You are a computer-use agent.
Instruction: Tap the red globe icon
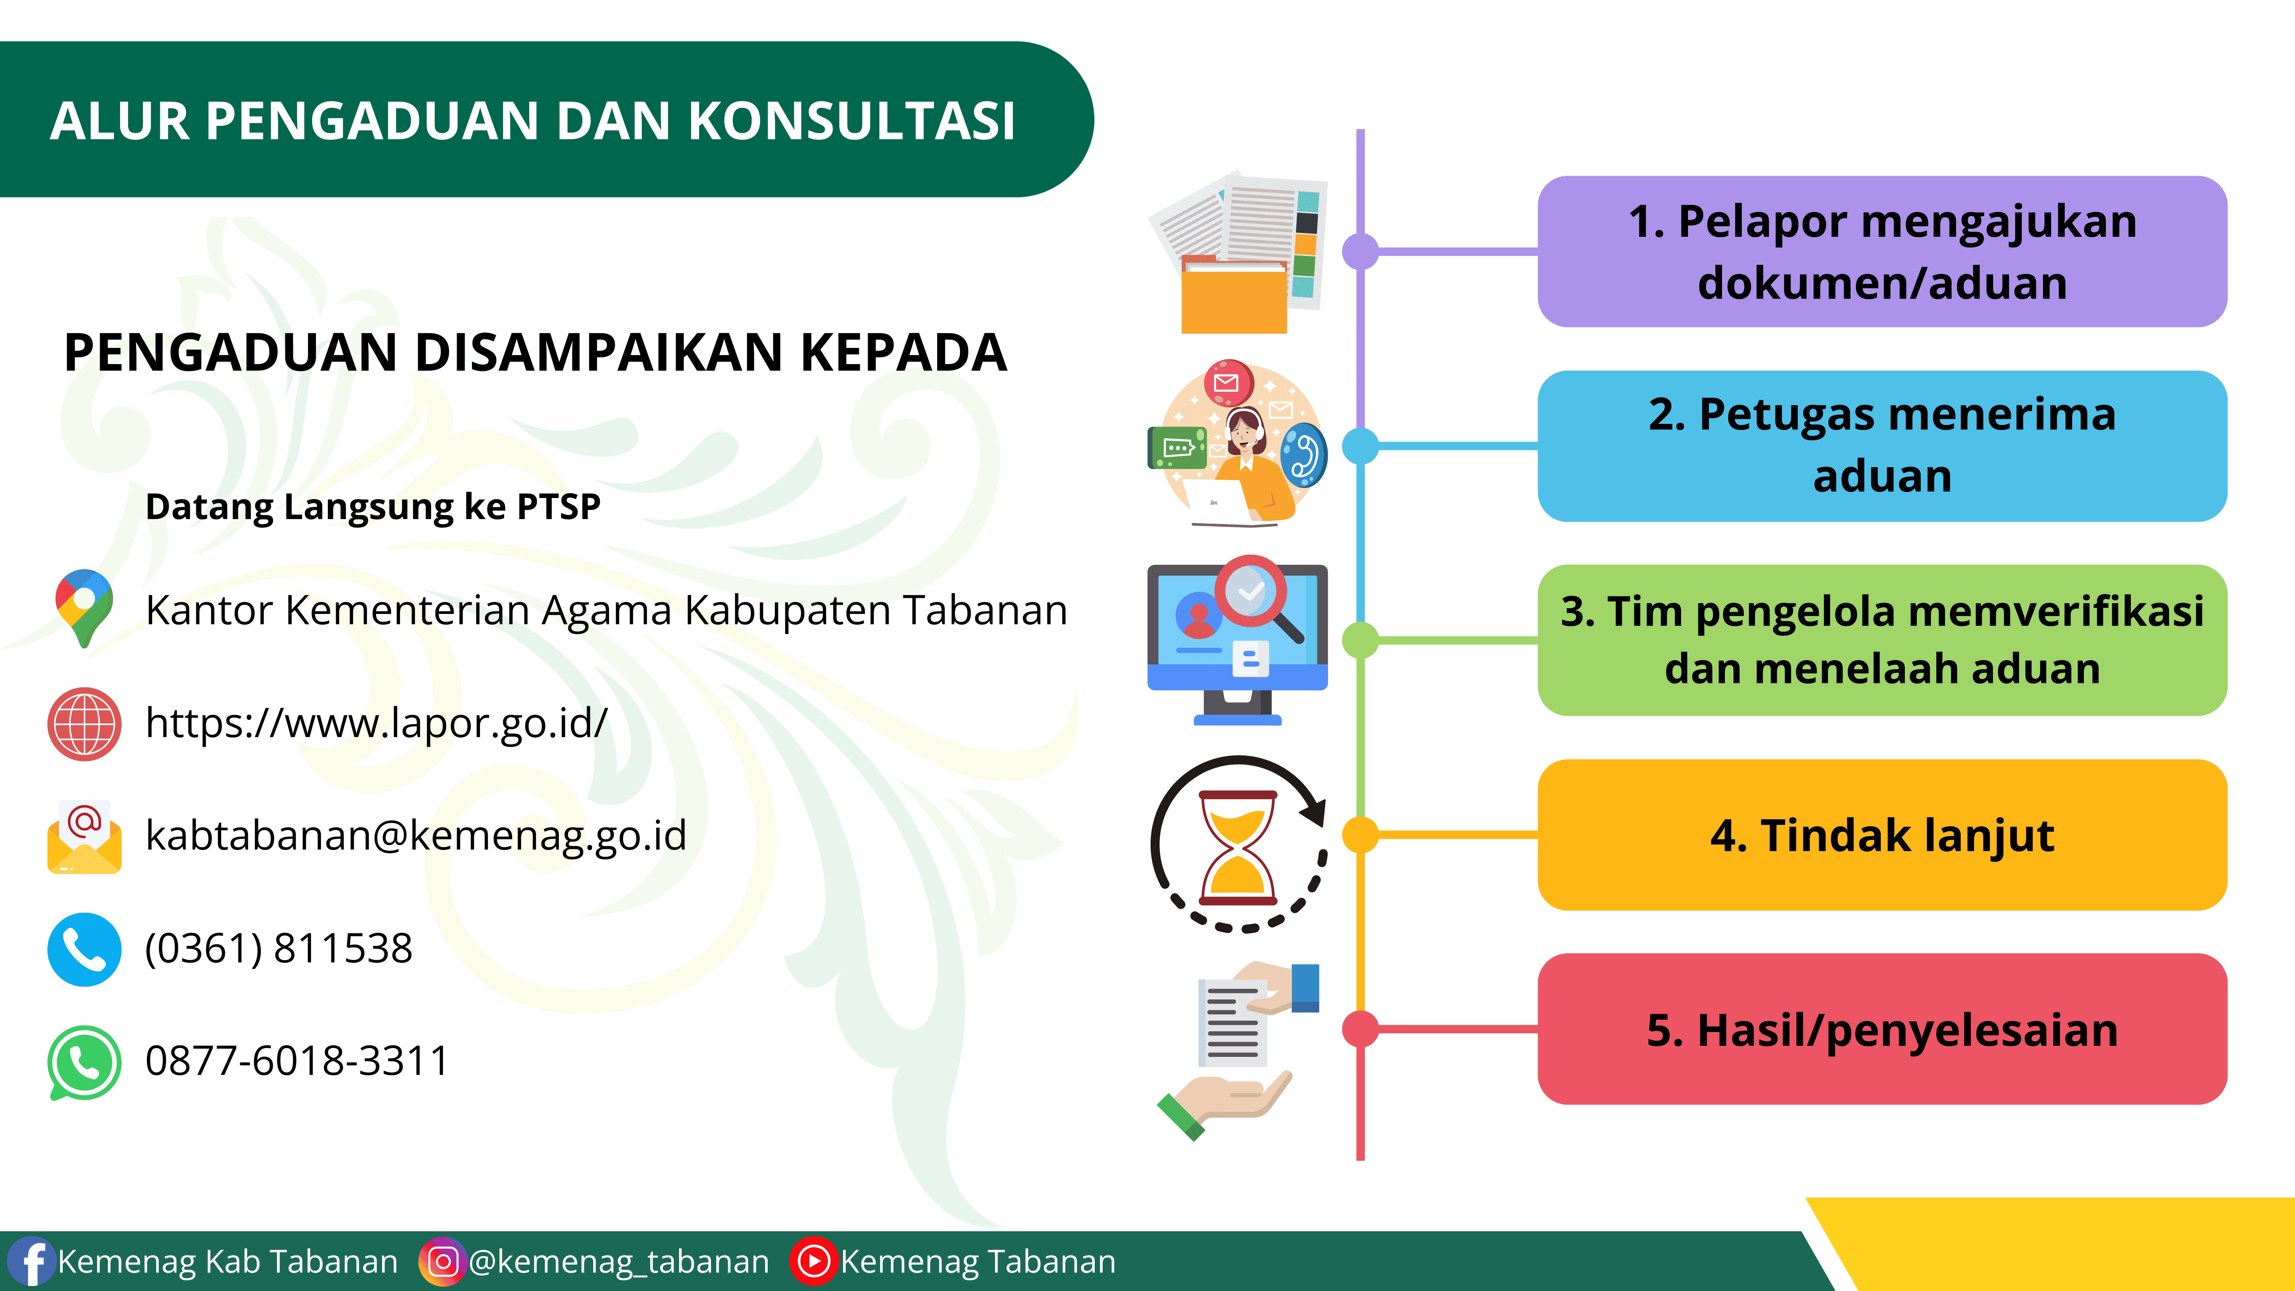point(84,723)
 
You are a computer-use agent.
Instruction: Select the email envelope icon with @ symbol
point(84,836)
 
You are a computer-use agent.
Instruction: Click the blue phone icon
point(84,949)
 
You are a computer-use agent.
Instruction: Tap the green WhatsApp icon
point(84,1062)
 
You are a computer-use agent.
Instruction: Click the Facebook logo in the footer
point(30,1262)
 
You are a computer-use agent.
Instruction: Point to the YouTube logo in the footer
point(814,1262)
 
